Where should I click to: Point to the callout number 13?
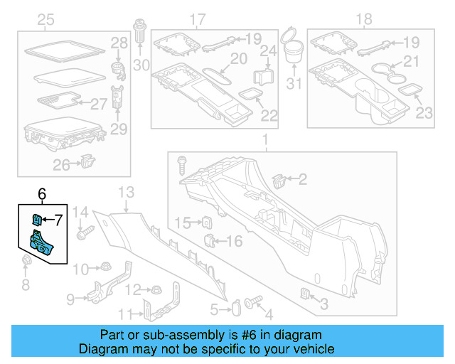(126, 192)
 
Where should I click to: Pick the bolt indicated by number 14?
(89, 231)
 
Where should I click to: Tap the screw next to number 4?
(250, 303)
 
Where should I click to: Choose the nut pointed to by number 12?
(153, 290)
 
